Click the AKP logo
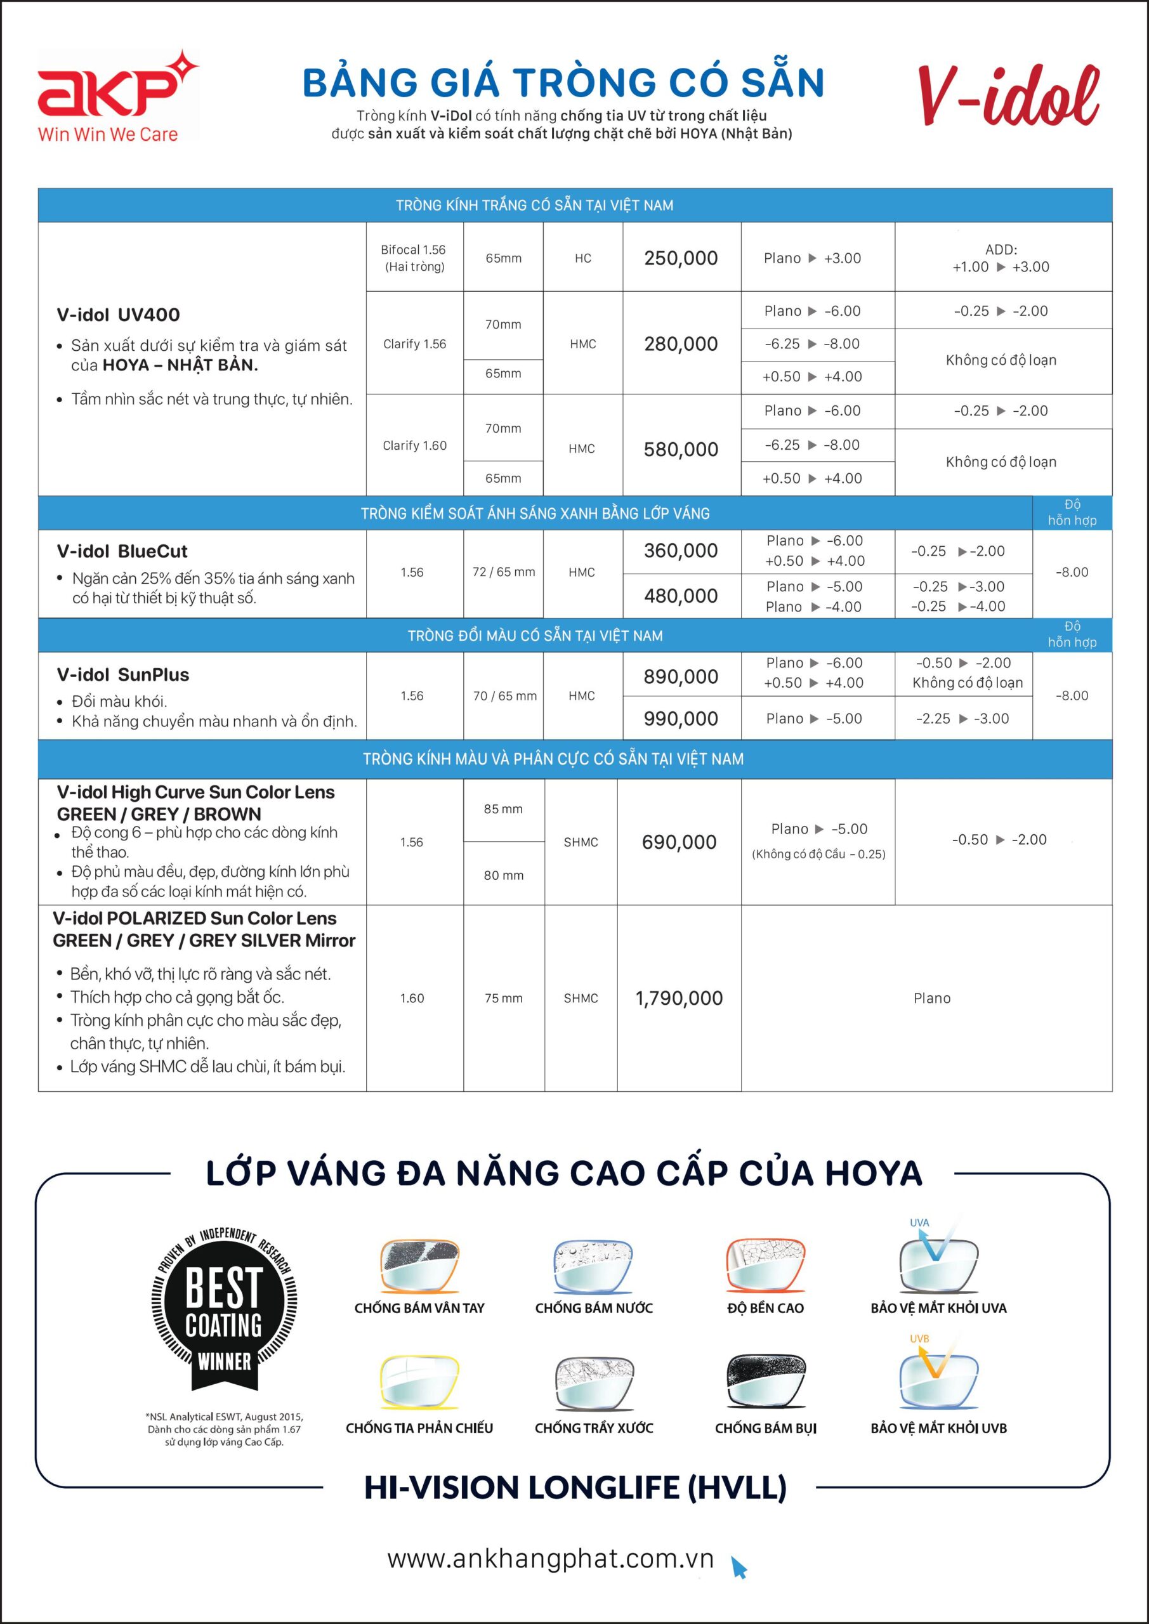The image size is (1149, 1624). click(x=117, y=96)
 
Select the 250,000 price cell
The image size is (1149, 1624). click(x=681, y=258)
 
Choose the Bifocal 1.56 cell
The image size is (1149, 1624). click(x=414, y=258)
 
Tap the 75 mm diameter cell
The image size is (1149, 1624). click(x=503, y=998)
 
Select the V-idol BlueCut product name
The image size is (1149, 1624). click(x=122, y=551)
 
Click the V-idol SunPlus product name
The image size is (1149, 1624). click(x=123, y=675)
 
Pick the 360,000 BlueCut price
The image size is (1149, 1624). click(x=681, y=550)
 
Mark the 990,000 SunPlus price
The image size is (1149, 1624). click(x=681, y=719)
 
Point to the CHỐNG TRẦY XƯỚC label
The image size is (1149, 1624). click(x=594, y=1428)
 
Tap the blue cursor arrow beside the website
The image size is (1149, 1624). click(x=739, y=1567)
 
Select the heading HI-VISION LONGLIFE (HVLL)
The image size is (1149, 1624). click(x=575, y=1488)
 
